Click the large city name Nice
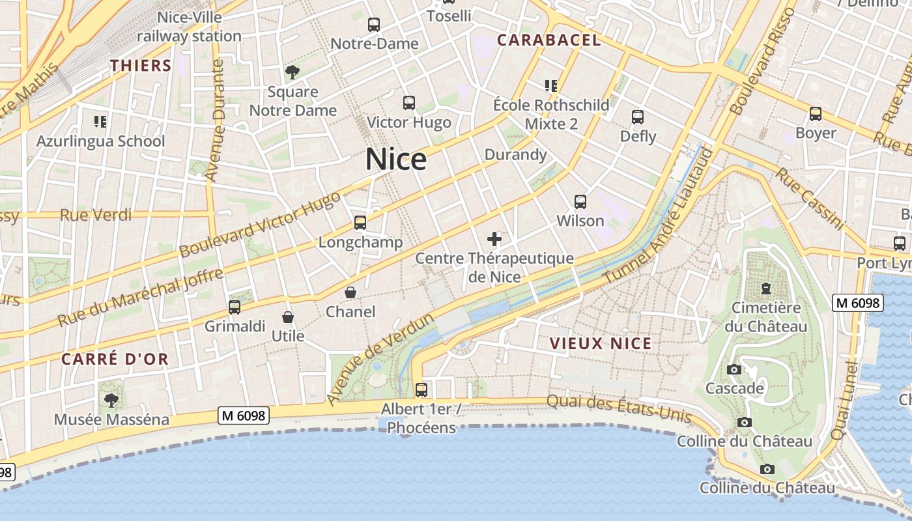pos(396,160)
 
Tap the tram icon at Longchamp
pos(360,223)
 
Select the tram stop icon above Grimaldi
pos(235,307)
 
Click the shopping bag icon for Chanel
pos(350,292)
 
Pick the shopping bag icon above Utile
pos(288,317)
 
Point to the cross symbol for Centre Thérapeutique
pos(494,239)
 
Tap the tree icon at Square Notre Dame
pos(292,72)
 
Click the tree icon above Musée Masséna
pos(111,400)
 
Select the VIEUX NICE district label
pos(600,344)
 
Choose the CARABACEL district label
pos(549,40)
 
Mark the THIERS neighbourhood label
pos(141,66)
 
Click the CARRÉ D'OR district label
pos(115,359)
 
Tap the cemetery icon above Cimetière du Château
pos(765,289)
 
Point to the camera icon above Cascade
pos(734,370)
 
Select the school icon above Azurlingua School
pos(100,121)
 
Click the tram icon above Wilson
pos(580,202)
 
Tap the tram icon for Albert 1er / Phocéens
pos(421,390)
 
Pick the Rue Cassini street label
pos(810,198)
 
